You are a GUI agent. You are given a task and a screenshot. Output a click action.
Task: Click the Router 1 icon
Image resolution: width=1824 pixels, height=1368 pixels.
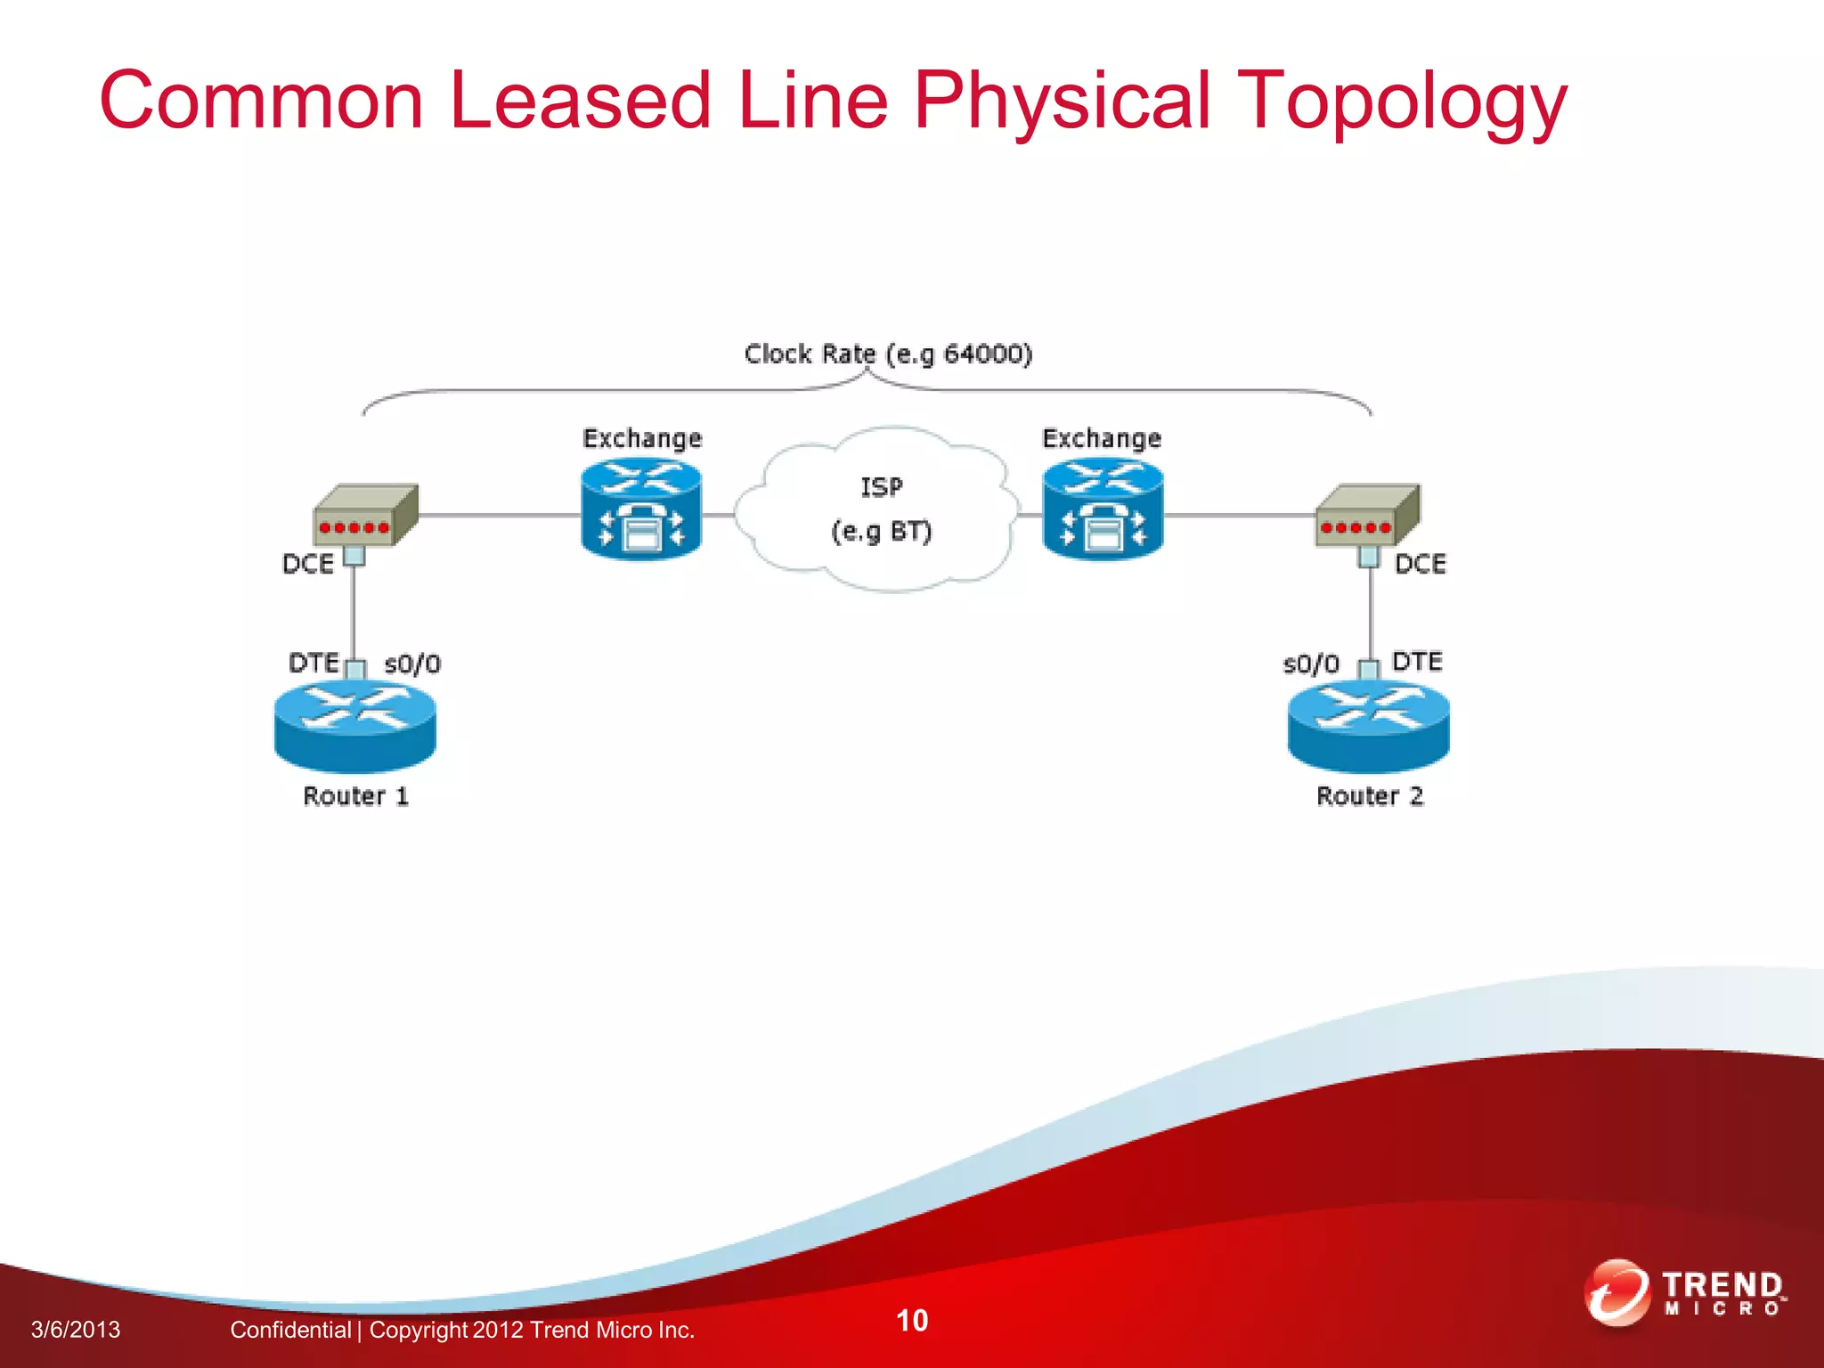355,725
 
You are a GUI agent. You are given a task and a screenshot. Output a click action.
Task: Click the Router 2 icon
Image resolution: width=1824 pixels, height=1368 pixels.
1368,725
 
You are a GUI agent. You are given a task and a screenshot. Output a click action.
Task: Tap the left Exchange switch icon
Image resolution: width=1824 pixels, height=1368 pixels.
641,509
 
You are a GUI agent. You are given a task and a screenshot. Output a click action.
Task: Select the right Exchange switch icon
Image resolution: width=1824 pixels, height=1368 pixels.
1103,509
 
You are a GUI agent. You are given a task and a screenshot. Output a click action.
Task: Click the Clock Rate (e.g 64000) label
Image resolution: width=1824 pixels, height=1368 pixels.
888,354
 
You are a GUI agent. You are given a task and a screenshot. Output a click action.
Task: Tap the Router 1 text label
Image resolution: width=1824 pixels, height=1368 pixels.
355,796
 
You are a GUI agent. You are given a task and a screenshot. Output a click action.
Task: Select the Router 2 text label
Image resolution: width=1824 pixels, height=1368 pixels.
1370,796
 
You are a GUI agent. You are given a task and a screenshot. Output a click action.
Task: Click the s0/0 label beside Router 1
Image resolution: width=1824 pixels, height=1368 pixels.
412,664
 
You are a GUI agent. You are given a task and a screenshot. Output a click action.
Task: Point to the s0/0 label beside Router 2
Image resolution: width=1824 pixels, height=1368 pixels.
1311,664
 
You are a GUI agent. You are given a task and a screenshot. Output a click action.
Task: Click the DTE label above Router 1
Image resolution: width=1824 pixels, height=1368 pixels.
313,663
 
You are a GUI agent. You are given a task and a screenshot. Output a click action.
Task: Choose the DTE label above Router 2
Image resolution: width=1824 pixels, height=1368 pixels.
1417,662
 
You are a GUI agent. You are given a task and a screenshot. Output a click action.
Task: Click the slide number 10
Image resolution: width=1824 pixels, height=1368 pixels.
912,1320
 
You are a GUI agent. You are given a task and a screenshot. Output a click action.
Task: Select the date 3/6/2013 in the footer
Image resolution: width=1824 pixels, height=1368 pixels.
76,1330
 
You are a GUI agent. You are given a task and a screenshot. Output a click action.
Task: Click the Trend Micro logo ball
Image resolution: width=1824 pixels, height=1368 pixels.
1616,1292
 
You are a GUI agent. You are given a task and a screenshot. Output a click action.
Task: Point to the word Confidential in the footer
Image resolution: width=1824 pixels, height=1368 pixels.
290,1330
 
